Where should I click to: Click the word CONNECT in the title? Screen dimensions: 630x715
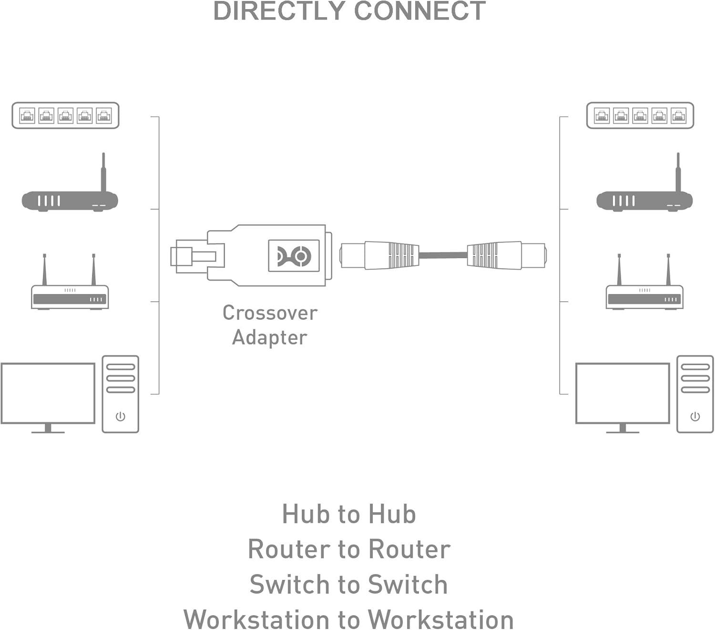coord(420,11)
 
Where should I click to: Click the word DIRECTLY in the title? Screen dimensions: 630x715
coord(279,11)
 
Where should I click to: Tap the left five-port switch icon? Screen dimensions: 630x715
coord(65,115)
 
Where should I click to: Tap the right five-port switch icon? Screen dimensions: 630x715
coord(640,115)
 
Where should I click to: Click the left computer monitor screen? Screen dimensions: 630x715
coord(48,393)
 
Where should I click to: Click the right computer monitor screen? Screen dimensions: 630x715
coord(623,393)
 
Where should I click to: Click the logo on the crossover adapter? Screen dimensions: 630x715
coord(294,256)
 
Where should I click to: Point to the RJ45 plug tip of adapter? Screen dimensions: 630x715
coord(184,256)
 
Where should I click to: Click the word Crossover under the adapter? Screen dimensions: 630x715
coord(270,313)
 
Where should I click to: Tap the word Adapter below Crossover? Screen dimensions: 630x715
coord(269,337)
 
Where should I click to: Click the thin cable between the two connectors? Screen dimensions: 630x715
coord(443,255)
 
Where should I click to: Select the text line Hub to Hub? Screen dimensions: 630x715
coord(349,514)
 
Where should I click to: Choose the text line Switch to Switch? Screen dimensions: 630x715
coord(349,584)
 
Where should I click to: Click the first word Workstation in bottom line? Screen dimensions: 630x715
coord(256,619)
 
